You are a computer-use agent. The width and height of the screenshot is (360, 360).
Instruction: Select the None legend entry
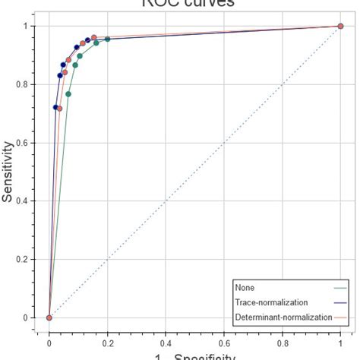(244, 288)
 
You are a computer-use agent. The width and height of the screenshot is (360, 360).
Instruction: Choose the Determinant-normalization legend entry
(283, 317)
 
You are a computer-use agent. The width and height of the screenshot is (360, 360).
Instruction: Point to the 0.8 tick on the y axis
(27, 84)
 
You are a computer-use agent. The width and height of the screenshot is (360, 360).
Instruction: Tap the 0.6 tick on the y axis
(27, 143)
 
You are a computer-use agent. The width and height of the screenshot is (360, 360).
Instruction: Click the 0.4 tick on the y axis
(27, 201)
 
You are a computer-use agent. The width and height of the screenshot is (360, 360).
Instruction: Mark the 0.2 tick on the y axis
(27, 259)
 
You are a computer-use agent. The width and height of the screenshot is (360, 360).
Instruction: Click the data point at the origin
(49, 317)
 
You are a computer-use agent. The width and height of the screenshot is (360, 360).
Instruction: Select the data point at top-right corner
(340, 26)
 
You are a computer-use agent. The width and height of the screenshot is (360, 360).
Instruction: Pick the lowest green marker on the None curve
(68, 94)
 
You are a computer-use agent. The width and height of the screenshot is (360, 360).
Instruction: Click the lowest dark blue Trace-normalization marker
(55, 107)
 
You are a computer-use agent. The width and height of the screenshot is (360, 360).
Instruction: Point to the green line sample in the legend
(341, 288)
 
